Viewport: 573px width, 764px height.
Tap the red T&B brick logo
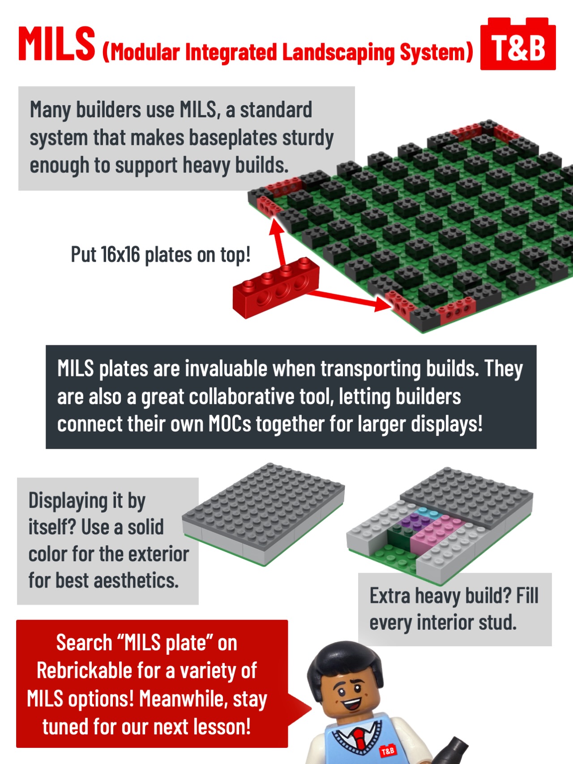518,46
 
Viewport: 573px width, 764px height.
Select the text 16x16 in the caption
120,254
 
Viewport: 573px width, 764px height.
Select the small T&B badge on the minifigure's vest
387,751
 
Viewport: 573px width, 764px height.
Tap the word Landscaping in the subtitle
338,52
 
